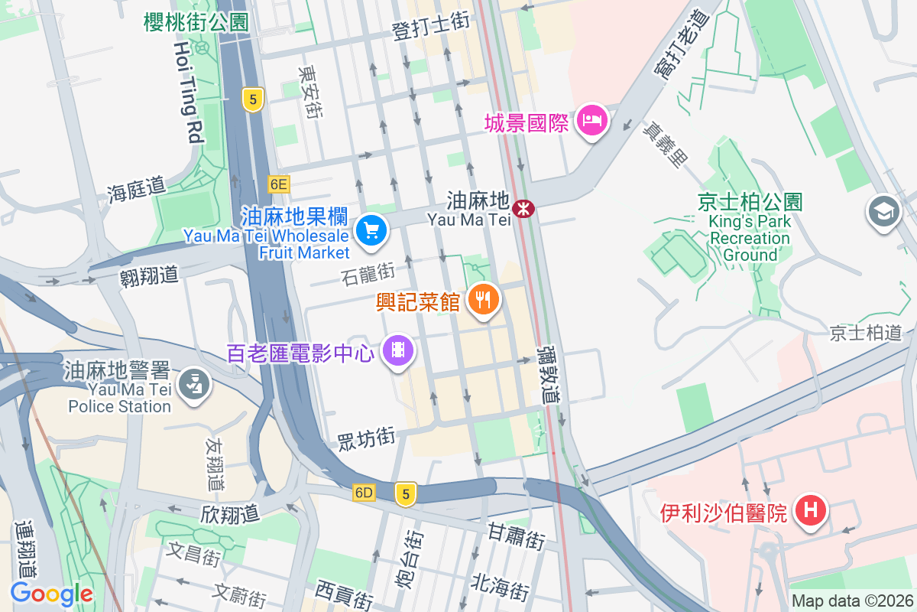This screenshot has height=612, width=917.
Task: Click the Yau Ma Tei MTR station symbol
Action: tap(523, 207)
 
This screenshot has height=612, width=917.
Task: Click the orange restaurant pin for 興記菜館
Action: tap(483, 299)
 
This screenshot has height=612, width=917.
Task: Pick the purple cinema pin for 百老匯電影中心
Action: tap(398, 351)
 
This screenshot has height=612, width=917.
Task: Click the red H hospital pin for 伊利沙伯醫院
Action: tap(811, 509)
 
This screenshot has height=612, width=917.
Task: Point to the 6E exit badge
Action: tap(278, 184)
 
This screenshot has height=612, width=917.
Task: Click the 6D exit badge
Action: tap(364, 493)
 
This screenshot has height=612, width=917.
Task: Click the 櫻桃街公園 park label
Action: tap(196, 22)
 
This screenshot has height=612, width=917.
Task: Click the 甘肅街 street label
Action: tap(516, 535)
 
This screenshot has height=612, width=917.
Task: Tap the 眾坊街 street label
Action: tap(367, 438)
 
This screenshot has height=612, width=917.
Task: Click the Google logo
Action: tap(51, 594)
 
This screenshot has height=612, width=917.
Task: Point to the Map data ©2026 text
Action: tap(851, 601)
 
